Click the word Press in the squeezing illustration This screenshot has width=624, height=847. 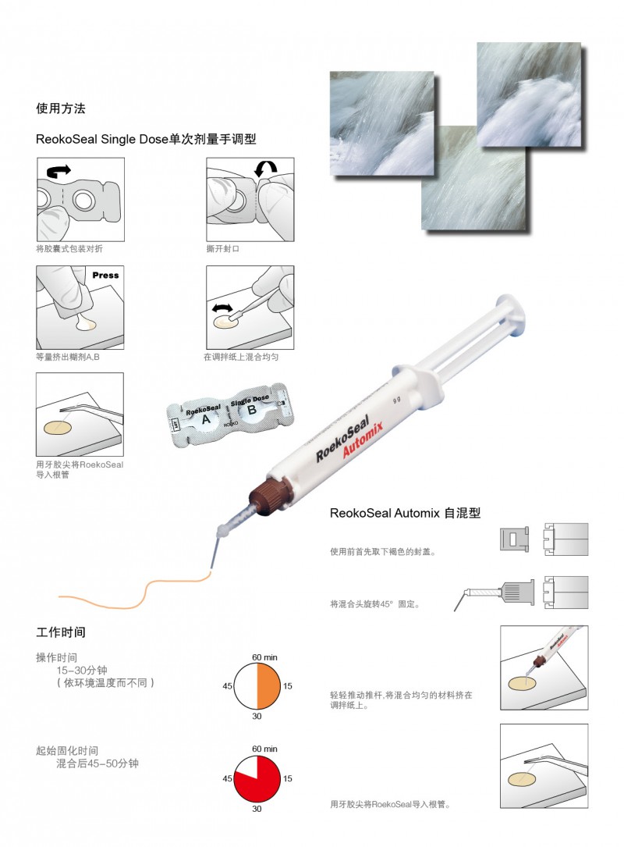pos(105,276)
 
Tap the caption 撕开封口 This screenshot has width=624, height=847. pos(223,248)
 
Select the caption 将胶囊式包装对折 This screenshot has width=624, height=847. pos(69,248)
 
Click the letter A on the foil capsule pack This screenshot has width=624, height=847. pos(206,419)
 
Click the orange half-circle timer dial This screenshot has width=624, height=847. pos(257,686)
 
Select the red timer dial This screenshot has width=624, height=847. pos(257,778)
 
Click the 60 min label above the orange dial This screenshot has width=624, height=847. pos(264,657)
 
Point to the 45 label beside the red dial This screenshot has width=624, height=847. pos(228,778)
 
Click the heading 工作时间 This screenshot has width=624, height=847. pos(61,631)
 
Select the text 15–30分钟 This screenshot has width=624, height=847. pos(87,670)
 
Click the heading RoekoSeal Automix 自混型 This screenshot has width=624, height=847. pos(405,513)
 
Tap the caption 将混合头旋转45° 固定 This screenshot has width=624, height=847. pos(376,603)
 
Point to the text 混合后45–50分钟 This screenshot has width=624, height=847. pos(97,763)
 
